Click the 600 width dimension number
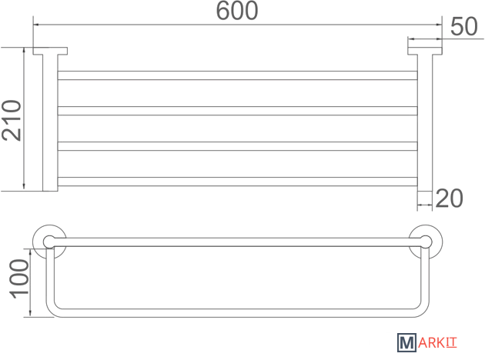click(x=237, y=11)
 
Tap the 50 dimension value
click(x=464, y=27)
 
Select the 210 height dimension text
click(x=12, y=120)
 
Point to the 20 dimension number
click(x=450, y=198)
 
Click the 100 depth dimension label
click(x=19, y=279)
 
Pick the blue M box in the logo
click(x=406, y=343)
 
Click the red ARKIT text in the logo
click(x=437, y=343)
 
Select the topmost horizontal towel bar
click(x=237, y=75)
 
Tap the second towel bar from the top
click(x=237, y=111)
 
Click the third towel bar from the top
click(x=237, y=146)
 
